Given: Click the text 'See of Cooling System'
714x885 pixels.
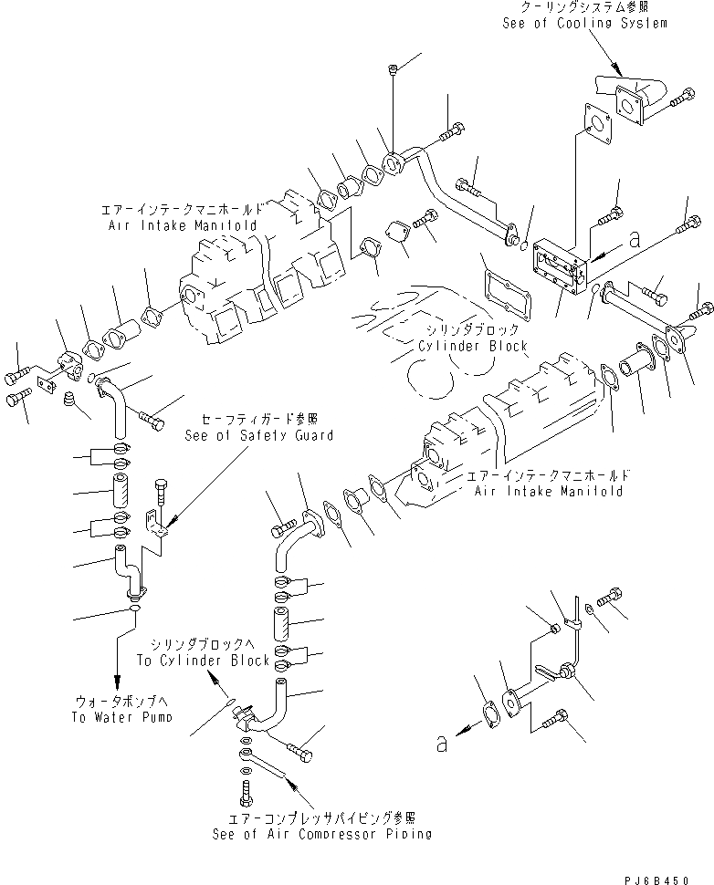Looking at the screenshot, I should coord(584,23).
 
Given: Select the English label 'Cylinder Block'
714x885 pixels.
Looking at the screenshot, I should coord(473,348).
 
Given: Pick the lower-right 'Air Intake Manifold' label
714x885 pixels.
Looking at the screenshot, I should coord(549,491).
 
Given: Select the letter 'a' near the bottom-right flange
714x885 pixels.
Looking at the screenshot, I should coord(443,744).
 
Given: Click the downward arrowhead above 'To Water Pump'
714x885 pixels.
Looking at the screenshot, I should coord(117,682).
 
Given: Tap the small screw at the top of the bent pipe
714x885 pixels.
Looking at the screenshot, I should coord(391,69).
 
